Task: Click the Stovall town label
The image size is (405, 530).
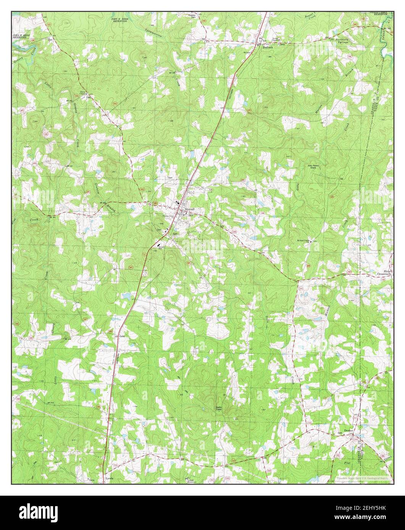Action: click(x=190, y=210)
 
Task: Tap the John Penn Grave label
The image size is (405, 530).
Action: click(x=313, y=166)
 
